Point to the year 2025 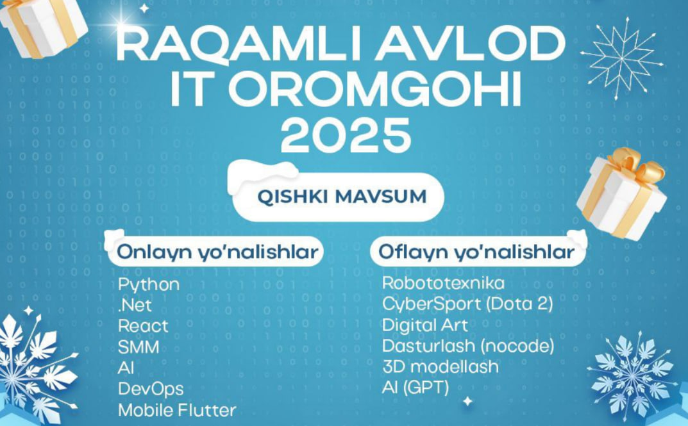346,135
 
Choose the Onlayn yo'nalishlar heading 217,252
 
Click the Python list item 149,285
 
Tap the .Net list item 135,305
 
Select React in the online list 143,326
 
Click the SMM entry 138,347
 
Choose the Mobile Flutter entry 177,410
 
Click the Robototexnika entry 443,283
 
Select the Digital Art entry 424,325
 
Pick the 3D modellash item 440,366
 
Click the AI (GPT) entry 415,388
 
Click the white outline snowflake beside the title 622,58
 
